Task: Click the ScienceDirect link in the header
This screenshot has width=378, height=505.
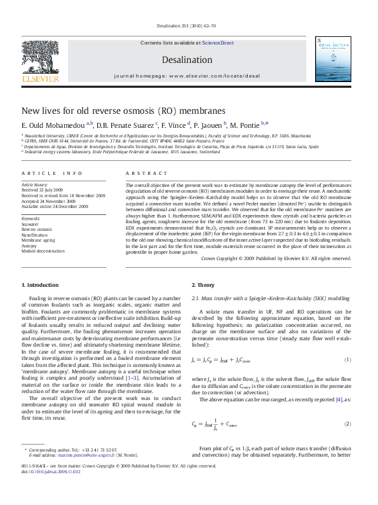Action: click(x=218, y=43)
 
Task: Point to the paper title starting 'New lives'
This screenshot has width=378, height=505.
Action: click(x=123, y=109)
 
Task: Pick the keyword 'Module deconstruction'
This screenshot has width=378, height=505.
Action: click(x=44, y=251)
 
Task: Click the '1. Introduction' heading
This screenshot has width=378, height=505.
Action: click(x=41, y=285)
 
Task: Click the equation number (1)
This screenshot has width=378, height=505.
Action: click(x=348, y=360)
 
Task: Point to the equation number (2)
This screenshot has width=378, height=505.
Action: click(x=348, y=424)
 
